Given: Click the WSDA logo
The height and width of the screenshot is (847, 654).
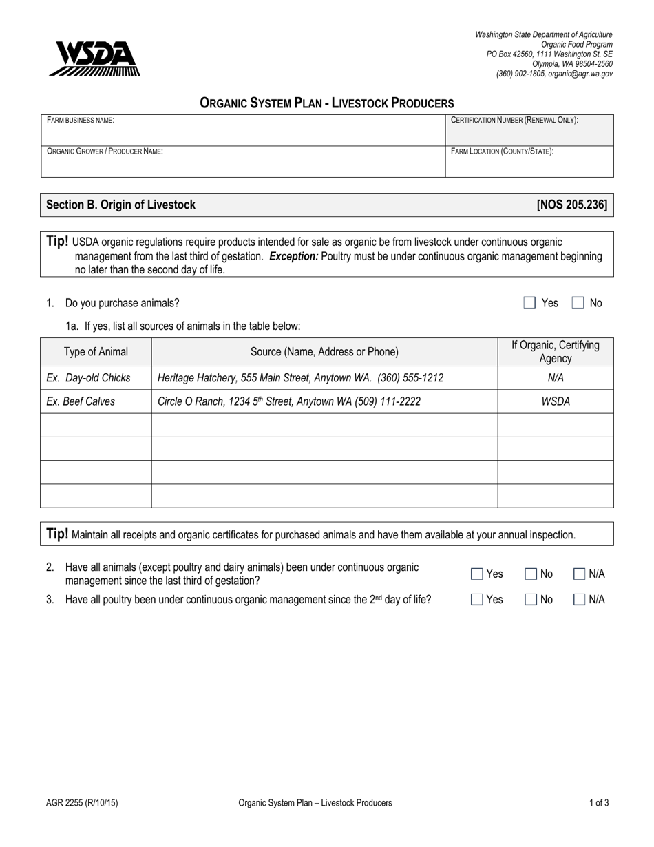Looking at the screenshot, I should [94, 59].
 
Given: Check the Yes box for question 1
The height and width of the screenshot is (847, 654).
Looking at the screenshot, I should [529, 303].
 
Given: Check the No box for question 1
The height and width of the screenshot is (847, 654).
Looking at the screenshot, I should [578, 303].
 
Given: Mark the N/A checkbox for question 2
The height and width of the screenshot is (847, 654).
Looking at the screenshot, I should [580, 574].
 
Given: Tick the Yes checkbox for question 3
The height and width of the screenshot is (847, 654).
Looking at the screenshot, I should [477, 600].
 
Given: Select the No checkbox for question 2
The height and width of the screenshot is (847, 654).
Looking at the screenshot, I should [531, 574].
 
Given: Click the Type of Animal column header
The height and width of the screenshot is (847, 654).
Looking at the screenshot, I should [96, 352].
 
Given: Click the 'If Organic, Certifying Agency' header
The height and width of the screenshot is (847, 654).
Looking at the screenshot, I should [555, 352].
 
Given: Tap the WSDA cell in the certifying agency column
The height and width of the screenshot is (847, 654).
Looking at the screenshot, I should [555, 401].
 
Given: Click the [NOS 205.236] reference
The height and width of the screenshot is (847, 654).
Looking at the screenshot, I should [571, 205].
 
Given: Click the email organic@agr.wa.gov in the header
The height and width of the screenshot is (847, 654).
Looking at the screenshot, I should [580, 74].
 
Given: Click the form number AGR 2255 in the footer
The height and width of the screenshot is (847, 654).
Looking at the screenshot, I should [76, 802].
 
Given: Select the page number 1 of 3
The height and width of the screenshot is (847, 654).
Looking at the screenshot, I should [598, 802].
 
